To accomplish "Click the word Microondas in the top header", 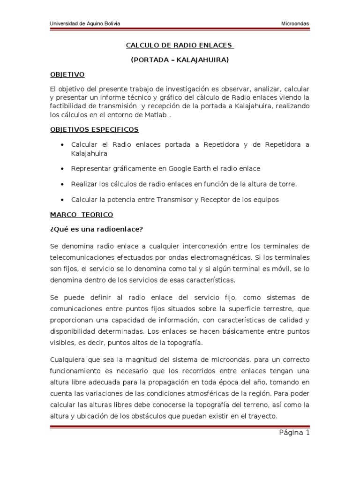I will [x=295, y=24].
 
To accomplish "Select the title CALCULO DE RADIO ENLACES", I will [x=180, y=45].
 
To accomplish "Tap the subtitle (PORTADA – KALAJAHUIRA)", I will [x=180, y=60].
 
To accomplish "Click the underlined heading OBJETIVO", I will [x=67, y=74].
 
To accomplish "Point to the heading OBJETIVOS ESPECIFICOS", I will [x=94, y=129].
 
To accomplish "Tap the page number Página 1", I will [x=293, y=433].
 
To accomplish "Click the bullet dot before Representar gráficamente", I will [x=62, y=168].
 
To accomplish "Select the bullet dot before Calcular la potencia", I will [x=62, y=200].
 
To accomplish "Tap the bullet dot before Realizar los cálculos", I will [x=62, y=184].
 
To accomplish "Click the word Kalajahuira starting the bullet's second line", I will [x=90, y=153].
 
